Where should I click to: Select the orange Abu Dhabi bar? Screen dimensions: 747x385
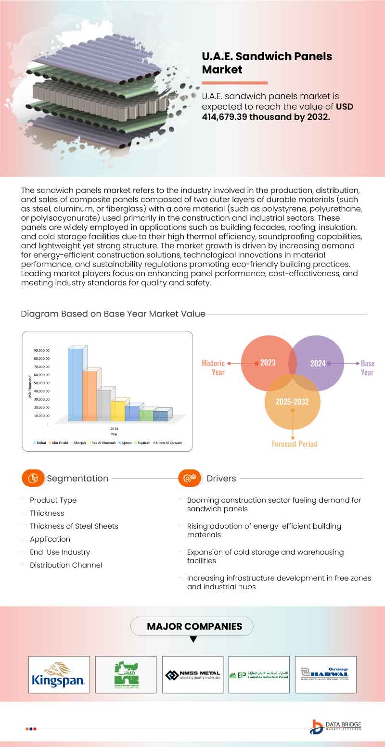click(90, 395)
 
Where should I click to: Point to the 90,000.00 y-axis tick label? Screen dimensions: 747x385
click(42, 350)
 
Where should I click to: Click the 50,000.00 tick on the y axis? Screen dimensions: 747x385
click(42, 383)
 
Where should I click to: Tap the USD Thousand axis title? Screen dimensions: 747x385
click(30, 387)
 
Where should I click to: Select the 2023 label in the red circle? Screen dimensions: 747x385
click(267, 363)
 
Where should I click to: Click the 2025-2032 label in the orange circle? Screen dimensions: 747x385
click(292, 402)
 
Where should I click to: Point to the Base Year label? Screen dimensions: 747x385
click(367, 368)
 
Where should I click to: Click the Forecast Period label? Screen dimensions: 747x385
click(294, 444)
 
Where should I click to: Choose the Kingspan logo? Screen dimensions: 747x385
click(59, 674)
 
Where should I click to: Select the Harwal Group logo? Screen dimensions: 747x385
click(325, 674)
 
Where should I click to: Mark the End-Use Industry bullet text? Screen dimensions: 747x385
click(60, 552)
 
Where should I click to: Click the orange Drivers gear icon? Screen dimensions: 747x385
click(190, 478)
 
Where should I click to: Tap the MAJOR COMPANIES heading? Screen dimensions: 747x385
click(194, 626)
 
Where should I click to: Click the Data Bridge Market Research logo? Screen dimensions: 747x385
click(335, 727)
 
